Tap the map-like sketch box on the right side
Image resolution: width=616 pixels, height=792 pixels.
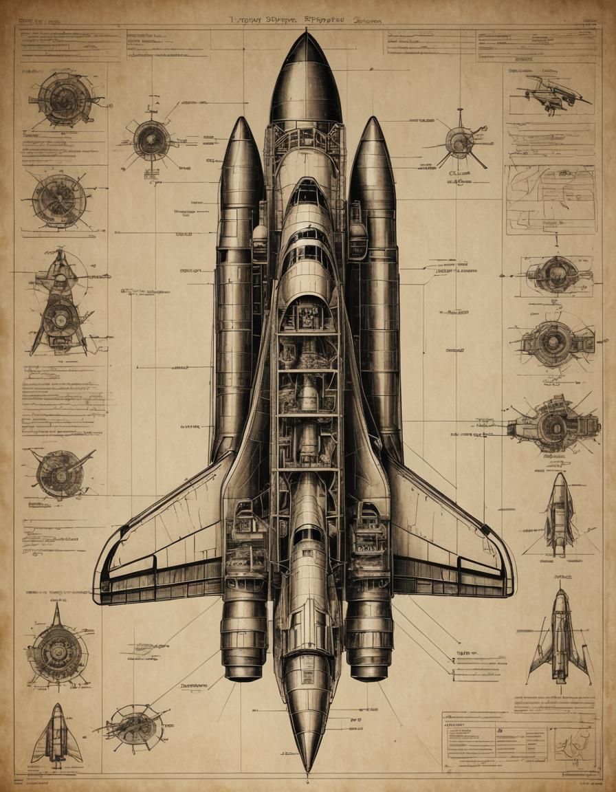[x=550, y=199]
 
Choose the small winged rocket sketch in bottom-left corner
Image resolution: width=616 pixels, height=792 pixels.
[x=57, y=736]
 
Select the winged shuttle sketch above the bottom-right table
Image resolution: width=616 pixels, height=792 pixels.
[x=560, y=636]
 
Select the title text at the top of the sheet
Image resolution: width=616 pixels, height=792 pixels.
[x=306, y=20]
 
